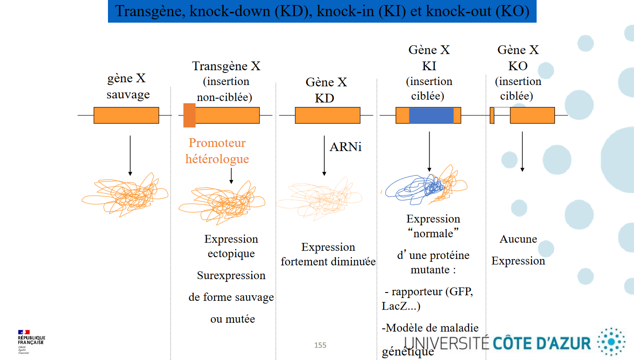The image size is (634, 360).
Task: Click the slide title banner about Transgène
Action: [322, 11]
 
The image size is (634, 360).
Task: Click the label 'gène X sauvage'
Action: [127, 86]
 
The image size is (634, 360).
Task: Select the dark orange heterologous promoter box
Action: [189, 115]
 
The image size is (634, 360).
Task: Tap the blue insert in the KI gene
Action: [431, 116]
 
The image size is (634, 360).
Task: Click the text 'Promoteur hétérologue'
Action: [217, 151]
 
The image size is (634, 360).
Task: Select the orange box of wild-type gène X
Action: [126, 115]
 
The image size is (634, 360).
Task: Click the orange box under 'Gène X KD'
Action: [327, 115]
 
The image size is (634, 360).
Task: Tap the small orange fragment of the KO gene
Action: [492, 115]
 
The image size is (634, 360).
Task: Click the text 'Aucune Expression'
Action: [518, 250]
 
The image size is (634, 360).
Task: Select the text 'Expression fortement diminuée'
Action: [328, 254]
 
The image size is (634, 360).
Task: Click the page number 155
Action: [320, 345]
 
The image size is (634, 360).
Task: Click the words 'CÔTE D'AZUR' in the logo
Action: [542, 343]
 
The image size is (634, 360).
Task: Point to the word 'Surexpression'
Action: [231, 276]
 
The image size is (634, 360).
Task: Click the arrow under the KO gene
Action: [522, 152]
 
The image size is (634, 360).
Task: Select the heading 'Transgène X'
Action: [226, 66]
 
